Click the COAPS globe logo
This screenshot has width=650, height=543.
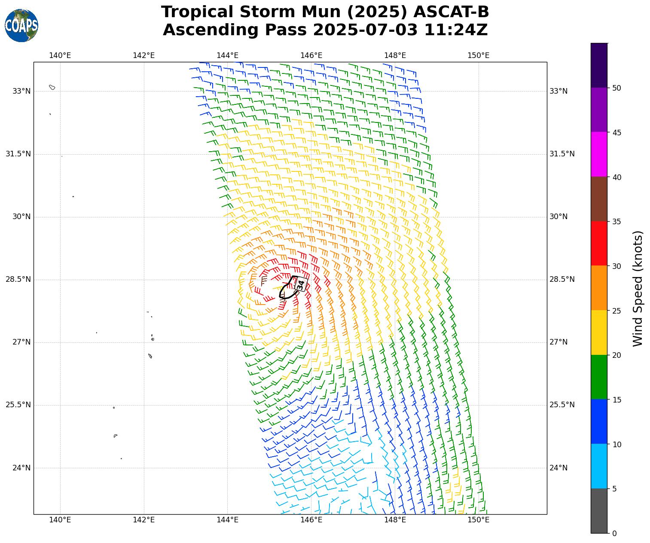pos(21,26)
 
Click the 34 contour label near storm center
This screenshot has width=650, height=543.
pos(301,284)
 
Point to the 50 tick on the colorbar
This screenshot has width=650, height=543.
pos(616,88)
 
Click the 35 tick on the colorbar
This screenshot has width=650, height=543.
pos(616,222)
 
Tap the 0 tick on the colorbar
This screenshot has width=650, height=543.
pos(614,534)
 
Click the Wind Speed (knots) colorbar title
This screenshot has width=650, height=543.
pos(638,288)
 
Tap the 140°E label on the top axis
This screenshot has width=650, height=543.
pos(60,55)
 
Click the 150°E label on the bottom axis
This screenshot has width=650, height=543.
pos(479,520)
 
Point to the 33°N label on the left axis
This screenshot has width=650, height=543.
pos(21,91)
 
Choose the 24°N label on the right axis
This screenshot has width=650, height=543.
pos(558,468)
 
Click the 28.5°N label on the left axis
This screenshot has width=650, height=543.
pos(18,280)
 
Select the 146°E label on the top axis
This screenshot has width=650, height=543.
pos(311,55)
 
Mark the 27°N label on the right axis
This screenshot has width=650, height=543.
pos(558,342)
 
